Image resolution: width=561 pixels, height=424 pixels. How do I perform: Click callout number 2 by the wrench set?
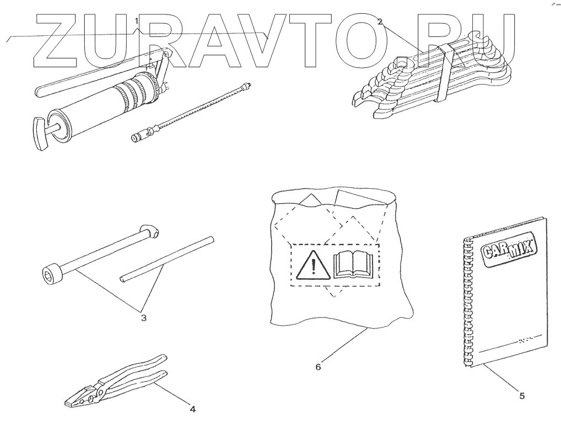point(380,22)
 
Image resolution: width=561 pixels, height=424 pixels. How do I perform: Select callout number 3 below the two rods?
point(143,318)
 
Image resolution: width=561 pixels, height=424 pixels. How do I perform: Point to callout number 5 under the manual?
point(522,395)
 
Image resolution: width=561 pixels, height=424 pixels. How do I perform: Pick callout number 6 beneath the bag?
point(318,365)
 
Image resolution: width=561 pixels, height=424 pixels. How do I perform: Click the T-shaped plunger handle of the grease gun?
point(39,132)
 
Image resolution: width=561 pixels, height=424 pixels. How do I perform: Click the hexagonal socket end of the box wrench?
point(50,273)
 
